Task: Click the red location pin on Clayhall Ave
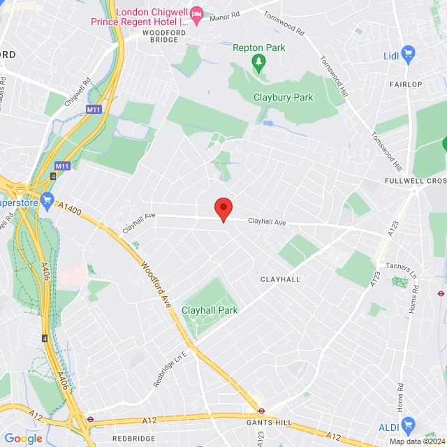(223, 207)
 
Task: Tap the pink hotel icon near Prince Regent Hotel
(197, 14)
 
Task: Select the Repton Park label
(258, 48)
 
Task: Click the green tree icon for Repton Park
(258, 64)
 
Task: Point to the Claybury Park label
(284, 98)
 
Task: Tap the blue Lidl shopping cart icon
(409, 54)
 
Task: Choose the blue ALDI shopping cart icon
(409, 423)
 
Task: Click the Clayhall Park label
(210, 310)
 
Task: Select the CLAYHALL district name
(280, 279)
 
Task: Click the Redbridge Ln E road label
(171, 369)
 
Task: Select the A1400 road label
(71, 207)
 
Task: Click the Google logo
(23, 439)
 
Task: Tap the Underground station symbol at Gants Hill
(261, 411)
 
